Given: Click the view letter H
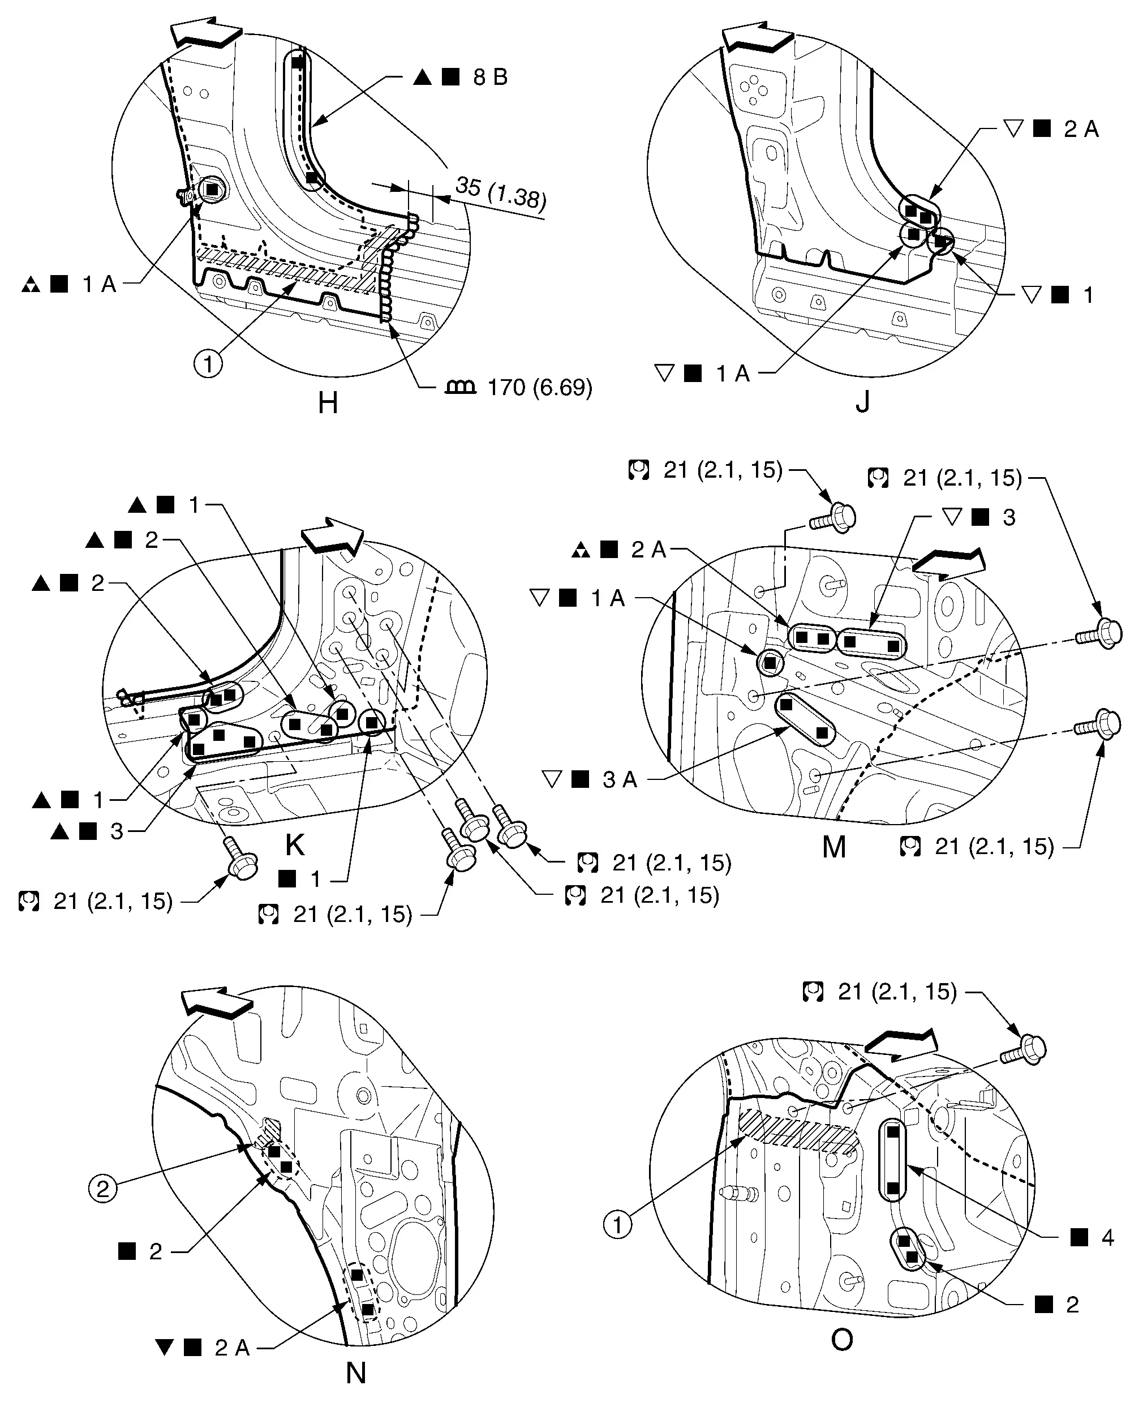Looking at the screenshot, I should [x=328, y=402].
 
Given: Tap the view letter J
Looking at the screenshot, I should [x=862, y=401].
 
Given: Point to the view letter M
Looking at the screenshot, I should [x=834, y=847].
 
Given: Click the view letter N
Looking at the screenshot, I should [x=355, y=1374].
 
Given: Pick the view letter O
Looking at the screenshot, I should [x=842, y=1340].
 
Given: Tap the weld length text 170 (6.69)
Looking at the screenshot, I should [x=539, y=387].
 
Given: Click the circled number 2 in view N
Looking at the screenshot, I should [x=103, y=1190].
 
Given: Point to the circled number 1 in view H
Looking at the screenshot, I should [x=208, y=363].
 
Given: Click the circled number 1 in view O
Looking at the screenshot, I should [x=618, y=1226].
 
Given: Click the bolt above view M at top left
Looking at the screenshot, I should [x=834, y=517].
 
